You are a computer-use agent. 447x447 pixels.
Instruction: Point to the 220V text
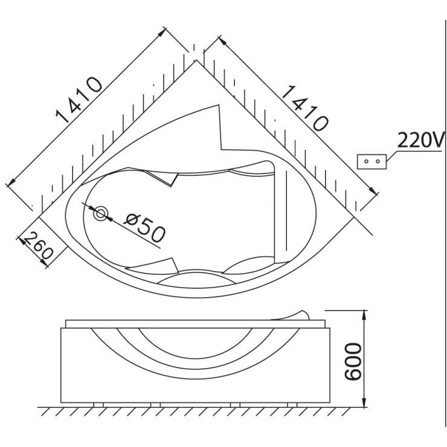click(420, 140)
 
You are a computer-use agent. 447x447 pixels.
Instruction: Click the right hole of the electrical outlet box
click(378, 161)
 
